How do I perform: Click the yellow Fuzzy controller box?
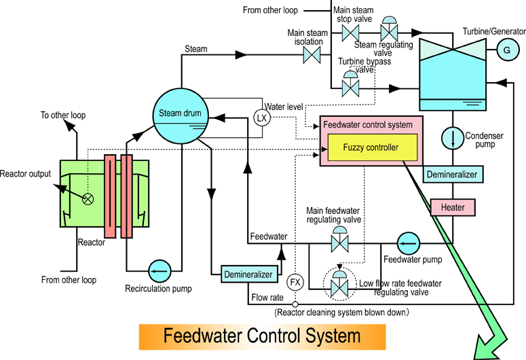[371, 147]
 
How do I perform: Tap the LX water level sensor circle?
[261, 118]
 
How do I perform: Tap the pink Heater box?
[452, 206]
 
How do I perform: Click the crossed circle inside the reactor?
[88, 198]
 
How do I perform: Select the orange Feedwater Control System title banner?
[262, 336]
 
